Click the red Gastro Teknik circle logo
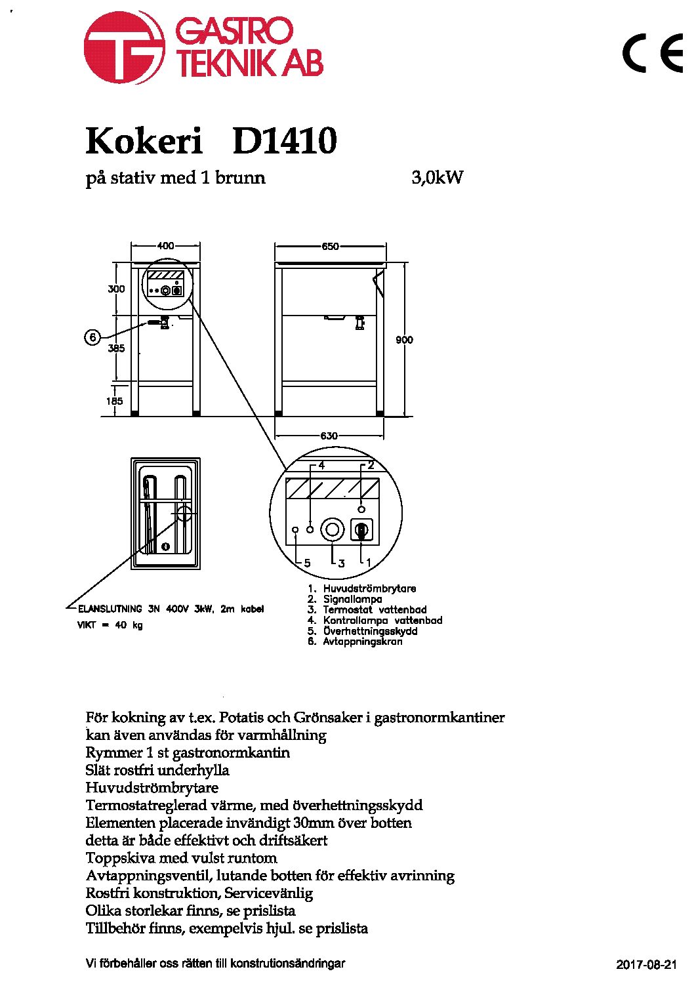125,47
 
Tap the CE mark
653,53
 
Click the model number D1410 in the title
285,141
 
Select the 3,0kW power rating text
437,178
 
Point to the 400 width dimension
165,246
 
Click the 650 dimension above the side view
330,247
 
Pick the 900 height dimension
404,340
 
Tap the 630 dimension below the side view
329,436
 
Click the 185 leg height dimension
114,401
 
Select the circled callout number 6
92,338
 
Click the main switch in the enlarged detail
361,531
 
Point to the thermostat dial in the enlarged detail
332,529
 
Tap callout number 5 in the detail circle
308,563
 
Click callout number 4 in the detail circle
321,466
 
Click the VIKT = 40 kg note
110,625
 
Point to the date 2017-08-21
646,964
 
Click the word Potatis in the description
241,718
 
